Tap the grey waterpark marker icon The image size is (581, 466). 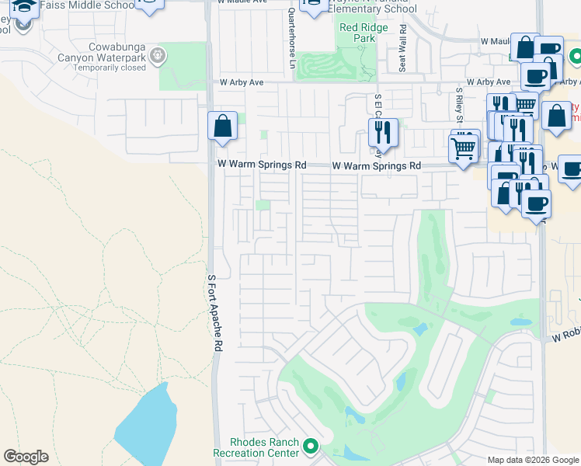tap(158, 56)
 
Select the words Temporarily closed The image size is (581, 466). tap(110, 68)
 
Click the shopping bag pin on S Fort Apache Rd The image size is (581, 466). tap(222, 126)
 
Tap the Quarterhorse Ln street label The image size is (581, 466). tap(292, 37)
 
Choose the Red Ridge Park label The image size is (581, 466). tap(357, 33)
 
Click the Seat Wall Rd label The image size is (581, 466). tap(402, 49)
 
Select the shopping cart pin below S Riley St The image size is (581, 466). tap(463, 146)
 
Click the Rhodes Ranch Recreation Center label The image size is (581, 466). tap(256, 447)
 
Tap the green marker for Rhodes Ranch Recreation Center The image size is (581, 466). tap(311, 446)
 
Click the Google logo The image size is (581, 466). tap(26, 457)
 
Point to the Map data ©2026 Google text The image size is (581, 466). tap(532, 460)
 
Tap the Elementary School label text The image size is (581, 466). tap(372, 9)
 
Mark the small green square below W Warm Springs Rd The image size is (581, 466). tap(263, 205)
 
